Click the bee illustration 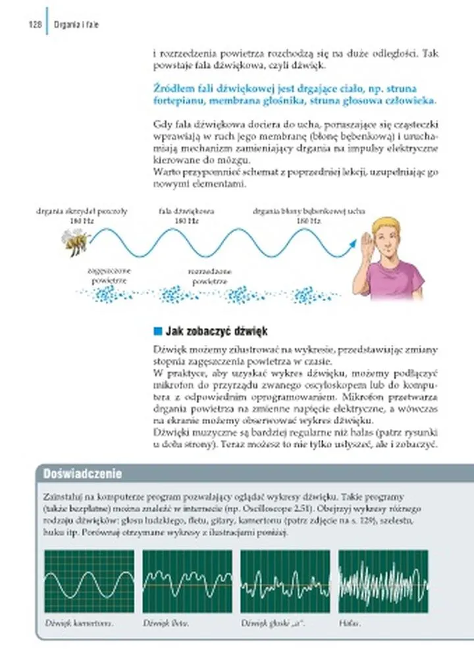pos(75,242)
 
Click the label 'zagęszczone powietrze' pos(109,275)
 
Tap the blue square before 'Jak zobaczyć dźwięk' pos(157,331)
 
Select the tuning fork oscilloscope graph pos(89,581)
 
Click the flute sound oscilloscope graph pos(187,581)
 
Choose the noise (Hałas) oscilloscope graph pos(383,581)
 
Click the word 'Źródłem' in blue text pos(171,88)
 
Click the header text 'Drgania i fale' pos(76,25)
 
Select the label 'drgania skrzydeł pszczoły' pos(82,211)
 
